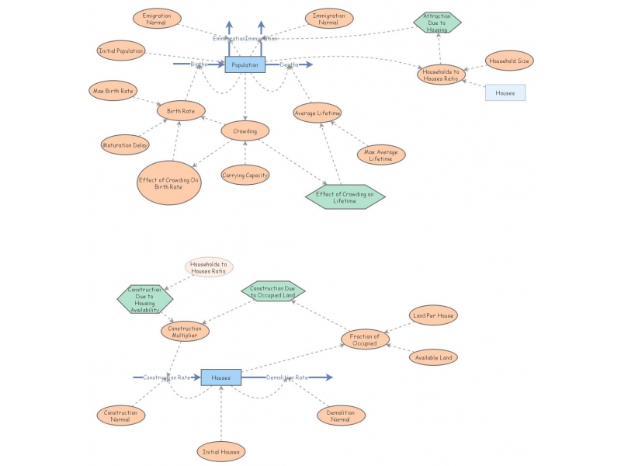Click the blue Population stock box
click(x=245, y=65)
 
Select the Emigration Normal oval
click(x=158, y=18)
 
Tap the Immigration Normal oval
click(x=329, y=18)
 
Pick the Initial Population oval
click(x=121, y=51)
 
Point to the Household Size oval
click(x=510, y=60)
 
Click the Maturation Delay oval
click(x=125, y=144)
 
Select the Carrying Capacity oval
click(x=245, y=176)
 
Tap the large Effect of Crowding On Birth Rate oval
click(x=168, y=185)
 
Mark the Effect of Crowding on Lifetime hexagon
click(x=345, y=197)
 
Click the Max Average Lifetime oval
click(x=381, y=155)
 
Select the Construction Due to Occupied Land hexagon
click(x=272, y=291)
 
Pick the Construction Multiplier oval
click(x=186, y=332)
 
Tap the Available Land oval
click(x=432, y=357)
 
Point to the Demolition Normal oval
click(x=341, y=416)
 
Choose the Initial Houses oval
click(x=220, y=451)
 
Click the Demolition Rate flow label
click(x=287, y=377)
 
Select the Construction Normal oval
click(x=121, y=416)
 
